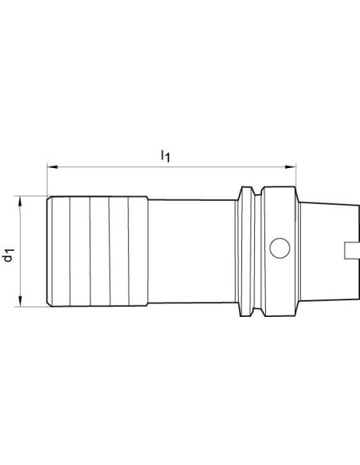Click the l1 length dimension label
coord(165,156)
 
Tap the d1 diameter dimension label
coord(9,256)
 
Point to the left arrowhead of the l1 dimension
coord(53,167)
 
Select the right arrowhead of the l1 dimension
coord(291,167)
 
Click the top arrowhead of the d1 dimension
coord(20,201)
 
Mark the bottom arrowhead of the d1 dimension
coord(20,301)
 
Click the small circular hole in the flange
coord(280,248)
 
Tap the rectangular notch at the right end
coord(352,250)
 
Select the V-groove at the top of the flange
coord(258,191)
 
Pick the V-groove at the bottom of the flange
coord(258,311)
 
